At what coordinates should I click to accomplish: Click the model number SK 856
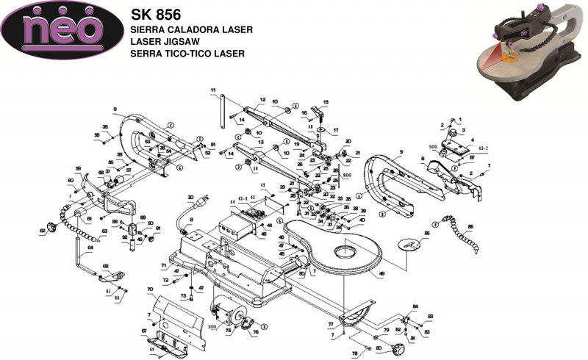pyautogui.click(x=156, y=14)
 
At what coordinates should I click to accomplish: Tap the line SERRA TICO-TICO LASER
pyautogui.click(x=187, y=54)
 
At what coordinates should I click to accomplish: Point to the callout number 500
pyautogui.click(x=433, y=147)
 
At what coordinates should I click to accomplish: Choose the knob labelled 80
pyautogui.click(x=399, y=345)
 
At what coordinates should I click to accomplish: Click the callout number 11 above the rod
pyautogui.click(x=212, y=90)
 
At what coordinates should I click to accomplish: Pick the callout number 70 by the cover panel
pyautogui.click(x=150, y=289)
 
